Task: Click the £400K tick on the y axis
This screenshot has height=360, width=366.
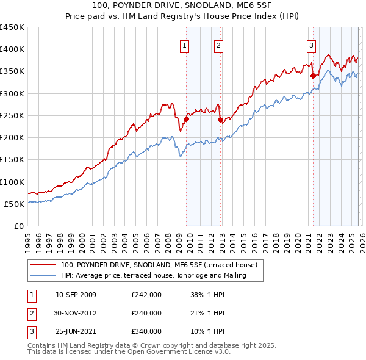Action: [x=12, y=49]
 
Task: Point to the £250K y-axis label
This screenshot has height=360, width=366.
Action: [x=12, y=115]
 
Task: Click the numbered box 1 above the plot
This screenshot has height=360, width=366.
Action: [x=184, y=45]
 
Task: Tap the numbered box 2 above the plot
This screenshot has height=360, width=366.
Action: [x=218, y=45]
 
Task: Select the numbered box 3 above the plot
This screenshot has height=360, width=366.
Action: [x=311, y=45]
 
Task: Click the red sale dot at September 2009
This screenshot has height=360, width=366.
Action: [x=186, y=119]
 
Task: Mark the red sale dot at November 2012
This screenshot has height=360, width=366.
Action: [x=221, y=120]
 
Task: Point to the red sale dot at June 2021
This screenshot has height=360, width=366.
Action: [x=313, y=76]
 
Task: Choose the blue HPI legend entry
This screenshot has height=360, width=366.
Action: [x=153, y=275]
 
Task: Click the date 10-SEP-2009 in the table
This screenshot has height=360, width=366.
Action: [x=76, y=295]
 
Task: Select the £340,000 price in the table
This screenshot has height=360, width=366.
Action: [x=146, y=331]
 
